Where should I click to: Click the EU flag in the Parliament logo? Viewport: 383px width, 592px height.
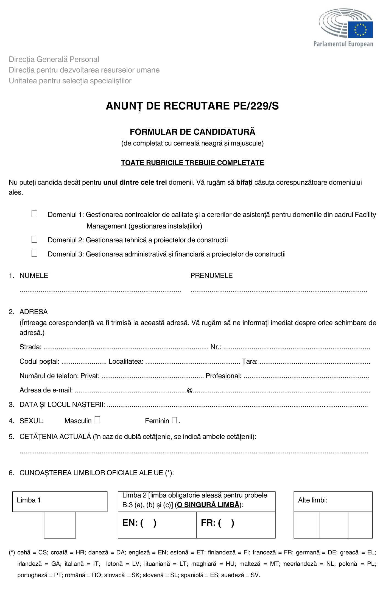coord(360,30)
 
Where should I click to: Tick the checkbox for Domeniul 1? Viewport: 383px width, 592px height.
coord(34,214)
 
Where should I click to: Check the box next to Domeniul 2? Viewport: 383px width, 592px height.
coord(34,239)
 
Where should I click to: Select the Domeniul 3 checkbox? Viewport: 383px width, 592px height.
coord(34,253)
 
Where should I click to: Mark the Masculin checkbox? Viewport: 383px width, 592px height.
coord(97,420)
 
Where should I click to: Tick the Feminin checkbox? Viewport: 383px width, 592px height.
coord(174,420)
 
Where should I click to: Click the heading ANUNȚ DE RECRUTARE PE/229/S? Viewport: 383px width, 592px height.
coord(192,106)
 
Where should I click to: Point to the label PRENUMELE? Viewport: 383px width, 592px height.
coord(211,276)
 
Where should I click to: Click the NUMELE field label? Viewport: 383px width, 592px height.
coord(34,276)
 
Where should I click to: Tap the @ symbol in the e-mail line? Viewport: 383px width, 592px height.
coord(190,390)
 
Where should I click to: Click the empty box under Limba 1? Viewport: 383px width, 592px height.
coord(60,525)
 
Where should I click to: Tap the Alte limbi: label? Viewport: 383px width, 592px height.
coord(313,500)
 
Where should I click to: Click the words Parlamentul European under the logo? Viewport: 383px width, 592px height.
coord(343,44)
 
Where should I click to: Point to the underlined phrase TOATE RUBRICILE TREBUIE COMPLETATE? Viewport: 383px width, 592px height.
coord(192,163)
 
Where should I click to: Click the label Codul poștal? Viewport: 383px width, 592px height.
coord(40,361)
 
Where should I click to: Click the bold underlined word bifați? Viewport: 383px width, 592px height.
coord(244,183)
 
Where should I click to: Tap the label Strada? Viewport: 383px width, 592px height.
coord(30,347)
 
